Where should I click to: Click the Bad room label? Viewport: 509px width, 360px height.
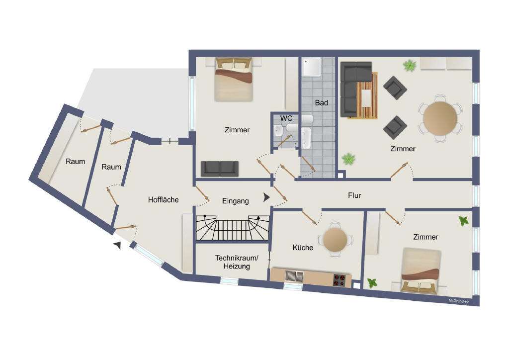(x=322, y=103)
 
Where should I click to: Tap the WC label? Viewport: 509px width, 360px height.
(x=286, y=118)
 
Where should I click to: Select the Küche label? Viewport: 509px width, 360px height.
(x=303, y=247)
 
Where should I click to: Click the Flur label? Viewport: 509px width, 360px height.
(x=354, y=195)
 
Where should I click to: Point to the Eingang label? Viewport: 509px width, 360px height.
(x=235, y=201)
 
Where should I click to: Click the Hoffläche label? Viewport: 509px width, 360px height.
(x=163, y=200)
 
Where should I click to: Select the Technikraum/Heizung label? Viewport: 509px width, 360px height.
(x=237, y=262)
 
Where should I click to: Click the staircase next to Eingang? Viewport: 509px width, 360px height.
(x=232, y=228)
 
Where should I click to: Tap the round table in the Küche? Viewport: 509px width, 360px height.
(x=335, y=240)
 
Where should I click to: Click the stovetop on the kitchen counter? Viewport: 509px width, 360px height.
(x=339, y=280)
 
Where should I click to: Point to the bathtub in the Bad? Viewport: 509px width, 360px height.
(x=305, y=138)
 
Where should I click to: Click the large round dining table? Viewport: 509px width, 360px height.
(x=440, y=118)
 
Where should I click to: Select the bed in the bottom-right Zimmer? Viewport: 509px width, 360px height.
(x=421, y=270)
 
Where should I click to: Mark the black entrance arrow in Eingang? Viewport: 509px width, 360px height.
(x=266, y=197)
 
